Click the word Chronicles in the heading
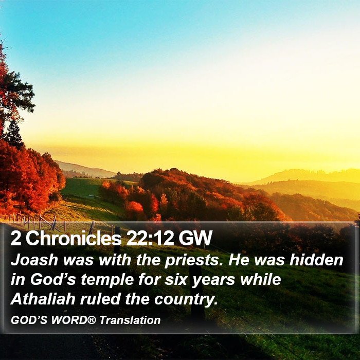[74, 238]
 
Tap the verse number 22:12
[150, 238]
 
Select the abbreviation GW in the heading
[195, 238]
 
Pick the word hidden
[316, 260]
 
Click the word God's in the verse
[53, 279]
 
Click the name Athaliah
[43, 299]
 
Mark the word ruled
[100, 299]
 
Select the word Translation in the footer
[130, 320]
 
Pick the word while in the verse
[261, 279]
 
